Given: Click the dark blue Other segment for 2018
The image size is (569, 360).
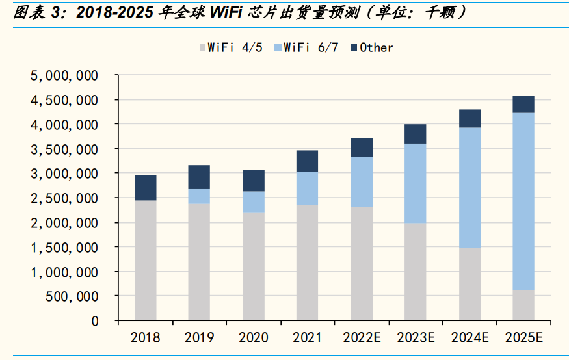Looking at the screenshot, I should coord(145,188).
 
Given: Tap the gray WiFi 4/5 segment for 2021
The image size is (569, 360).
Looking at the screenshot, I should coord(307,263).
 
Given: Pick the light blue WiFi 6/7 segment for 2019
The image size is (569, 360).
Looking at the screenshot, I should coord(199,196).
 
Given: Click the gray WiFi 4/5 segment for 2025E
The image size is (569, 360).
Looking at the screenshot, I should coord(523,305).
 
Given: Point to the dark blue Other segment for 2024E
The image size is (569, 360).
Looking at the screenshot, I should coord(470,118).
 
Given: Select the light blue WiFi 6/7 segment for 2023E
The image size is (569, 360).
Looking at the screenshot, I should coord(415,183).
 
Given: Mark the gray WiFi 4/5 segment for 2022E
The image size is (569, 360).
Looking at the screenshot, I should coord(361,264).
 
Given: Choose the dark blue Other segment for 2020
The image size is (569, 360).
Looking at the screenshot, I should coord(253,181).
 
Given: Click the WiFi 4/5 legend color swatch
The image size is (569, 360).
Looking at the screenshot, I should coord(202,47).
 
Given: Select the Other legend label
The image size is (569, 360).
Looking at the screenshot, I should coord(376,47).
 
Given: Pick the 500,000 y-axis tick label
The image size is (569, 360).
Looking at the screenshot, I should coord(72,296).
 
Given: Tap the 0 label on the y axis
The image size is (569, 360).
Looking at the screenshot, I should coord(94,321).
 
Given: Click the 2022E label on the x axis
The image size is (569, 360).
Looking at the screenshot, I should coord(361,338).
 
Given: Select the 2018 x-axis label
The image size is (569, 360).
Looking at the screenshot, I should coord(145,338).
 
